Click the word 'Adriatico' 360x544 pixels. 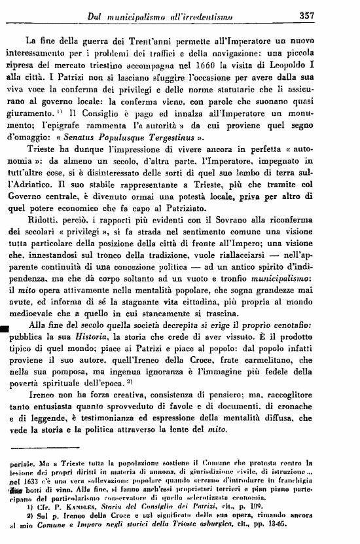37,186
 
